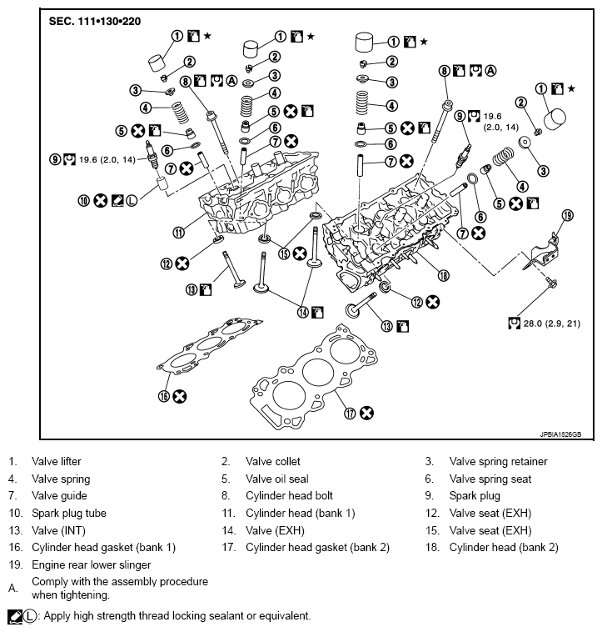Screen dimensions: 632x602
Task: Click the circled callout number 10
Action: (83, 200)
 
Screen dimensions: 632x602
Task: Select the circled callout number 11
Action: (178, 232)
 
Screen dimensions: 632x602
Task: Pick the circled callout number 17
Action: (348, 412)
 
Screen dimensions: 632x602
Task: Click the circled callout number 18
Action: (444, 276)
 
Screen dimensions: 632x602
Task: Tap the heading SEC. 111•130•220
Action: (93, 19)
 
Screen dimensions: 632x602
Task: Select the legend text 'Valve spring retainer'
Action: (498, 461)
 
